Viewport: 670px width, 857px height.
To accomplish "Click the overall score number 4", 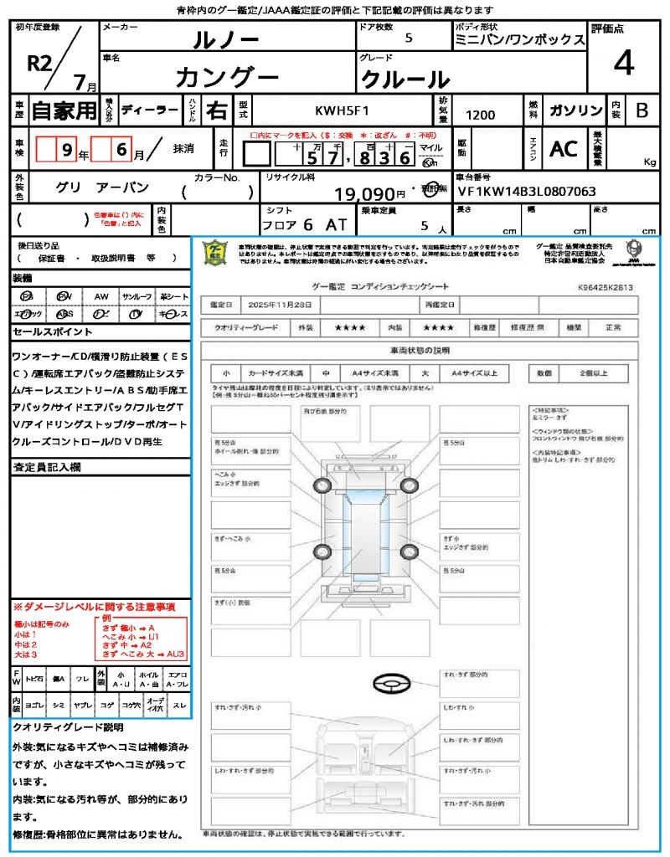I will [x=623, y=64].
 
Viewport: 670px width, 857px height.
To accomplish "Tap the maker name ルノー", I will [x=225, y=39].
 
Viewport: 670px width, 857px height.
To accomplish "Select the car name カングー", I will [x=227, y=77].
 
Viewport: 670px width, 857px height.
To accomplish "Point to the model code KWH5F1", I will [x=342, y=110].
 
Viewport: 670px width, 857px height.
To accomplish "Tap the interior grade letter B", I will [x=642, y=110].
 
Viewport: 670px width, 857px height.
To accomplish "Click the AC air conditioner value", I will [x=564, y=148].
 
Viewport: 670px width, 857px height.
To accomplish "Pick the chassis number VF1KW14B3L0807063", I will [x=527, y=192].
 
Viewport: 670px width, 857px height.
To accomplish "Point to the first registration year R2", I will [x=40, y=64].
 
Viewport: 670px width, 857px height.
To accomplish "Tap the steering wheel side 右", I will [x=215, y=110].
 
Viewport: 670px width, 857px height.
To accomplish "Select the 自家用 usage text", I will [x=64, y=110].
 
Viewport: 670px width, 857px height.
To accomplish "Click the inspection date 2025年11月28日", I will [x=280, y=305].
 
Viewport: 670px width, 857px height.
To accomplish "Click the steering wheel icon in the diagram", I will [x=390, y=685].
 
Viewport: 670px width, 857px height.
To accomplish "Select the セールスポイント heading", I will [x=45, y=332].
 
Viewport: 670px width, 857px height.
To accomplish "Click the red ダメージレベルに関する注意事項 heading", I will [x=94, y=606].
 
